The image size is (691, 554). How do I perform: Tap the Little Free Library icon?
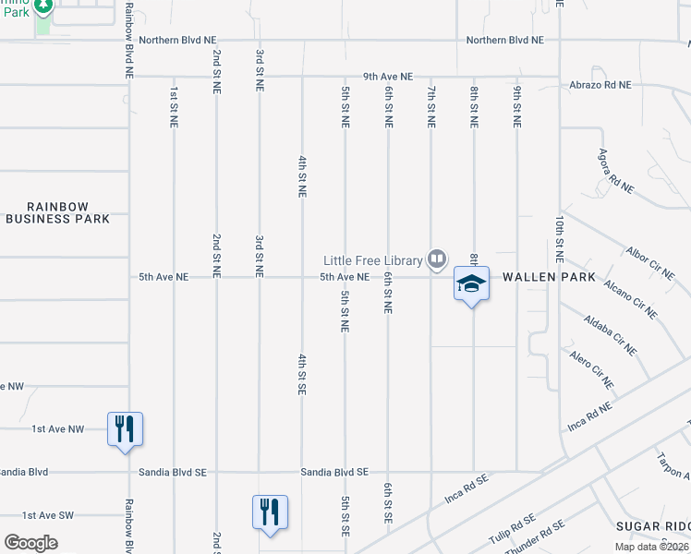(437, 259)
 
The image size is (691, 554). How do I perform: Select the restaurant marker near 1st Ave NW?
(125, 429)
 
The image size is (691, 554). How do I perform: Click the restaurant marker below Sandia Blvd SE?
(270, 512)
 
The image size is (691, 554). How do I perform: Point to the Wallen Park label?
(536, 277)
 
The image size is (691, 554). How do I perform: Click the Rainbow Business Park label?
(57, 212)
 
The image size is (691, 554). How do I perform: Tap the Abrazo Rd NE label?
(600, 84)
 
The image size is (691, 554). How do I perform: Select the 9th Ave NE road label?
(388, 77)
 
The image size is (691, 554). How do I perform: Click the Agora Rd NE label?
(616, 170)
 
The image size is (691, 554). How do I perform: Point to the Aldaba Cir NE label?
(611, 333)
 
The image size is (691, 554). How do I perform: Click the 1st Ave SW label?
(42, 515)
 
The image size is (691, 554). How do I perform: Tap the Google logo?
(30, 543)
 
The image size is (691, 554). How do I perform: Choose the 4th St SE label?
(301, 373)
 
